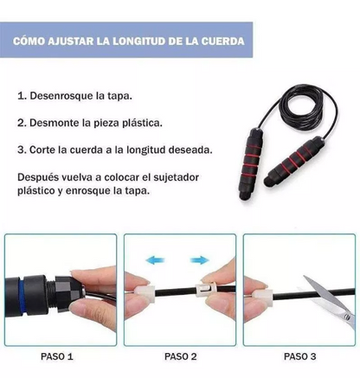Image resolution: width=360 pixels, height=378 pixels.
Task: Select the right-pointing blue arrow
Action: pyautogui.click(x=200, y=258)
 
